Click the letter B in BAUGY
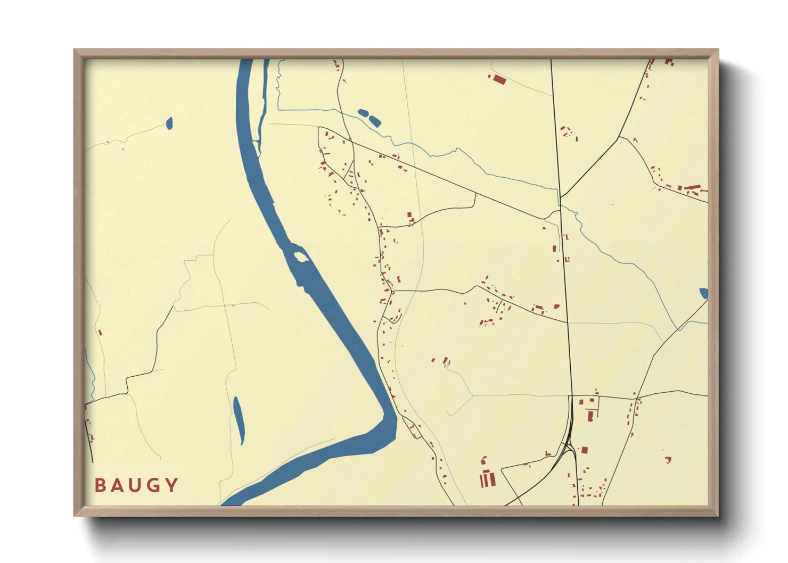coord(100,485)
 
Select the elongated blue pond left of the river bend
coord(238,420)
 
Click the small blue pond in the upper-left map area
coord(169,123)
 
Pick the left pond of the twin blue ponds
coord(363,113)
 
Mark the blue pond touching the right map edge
coord(703,293)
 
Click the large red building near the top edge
coord(499,80)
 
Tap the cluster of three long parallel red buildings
coord(487,479)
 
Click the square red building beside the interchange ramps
coord(584,450)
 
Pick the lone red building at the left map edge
coord(100,333)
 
